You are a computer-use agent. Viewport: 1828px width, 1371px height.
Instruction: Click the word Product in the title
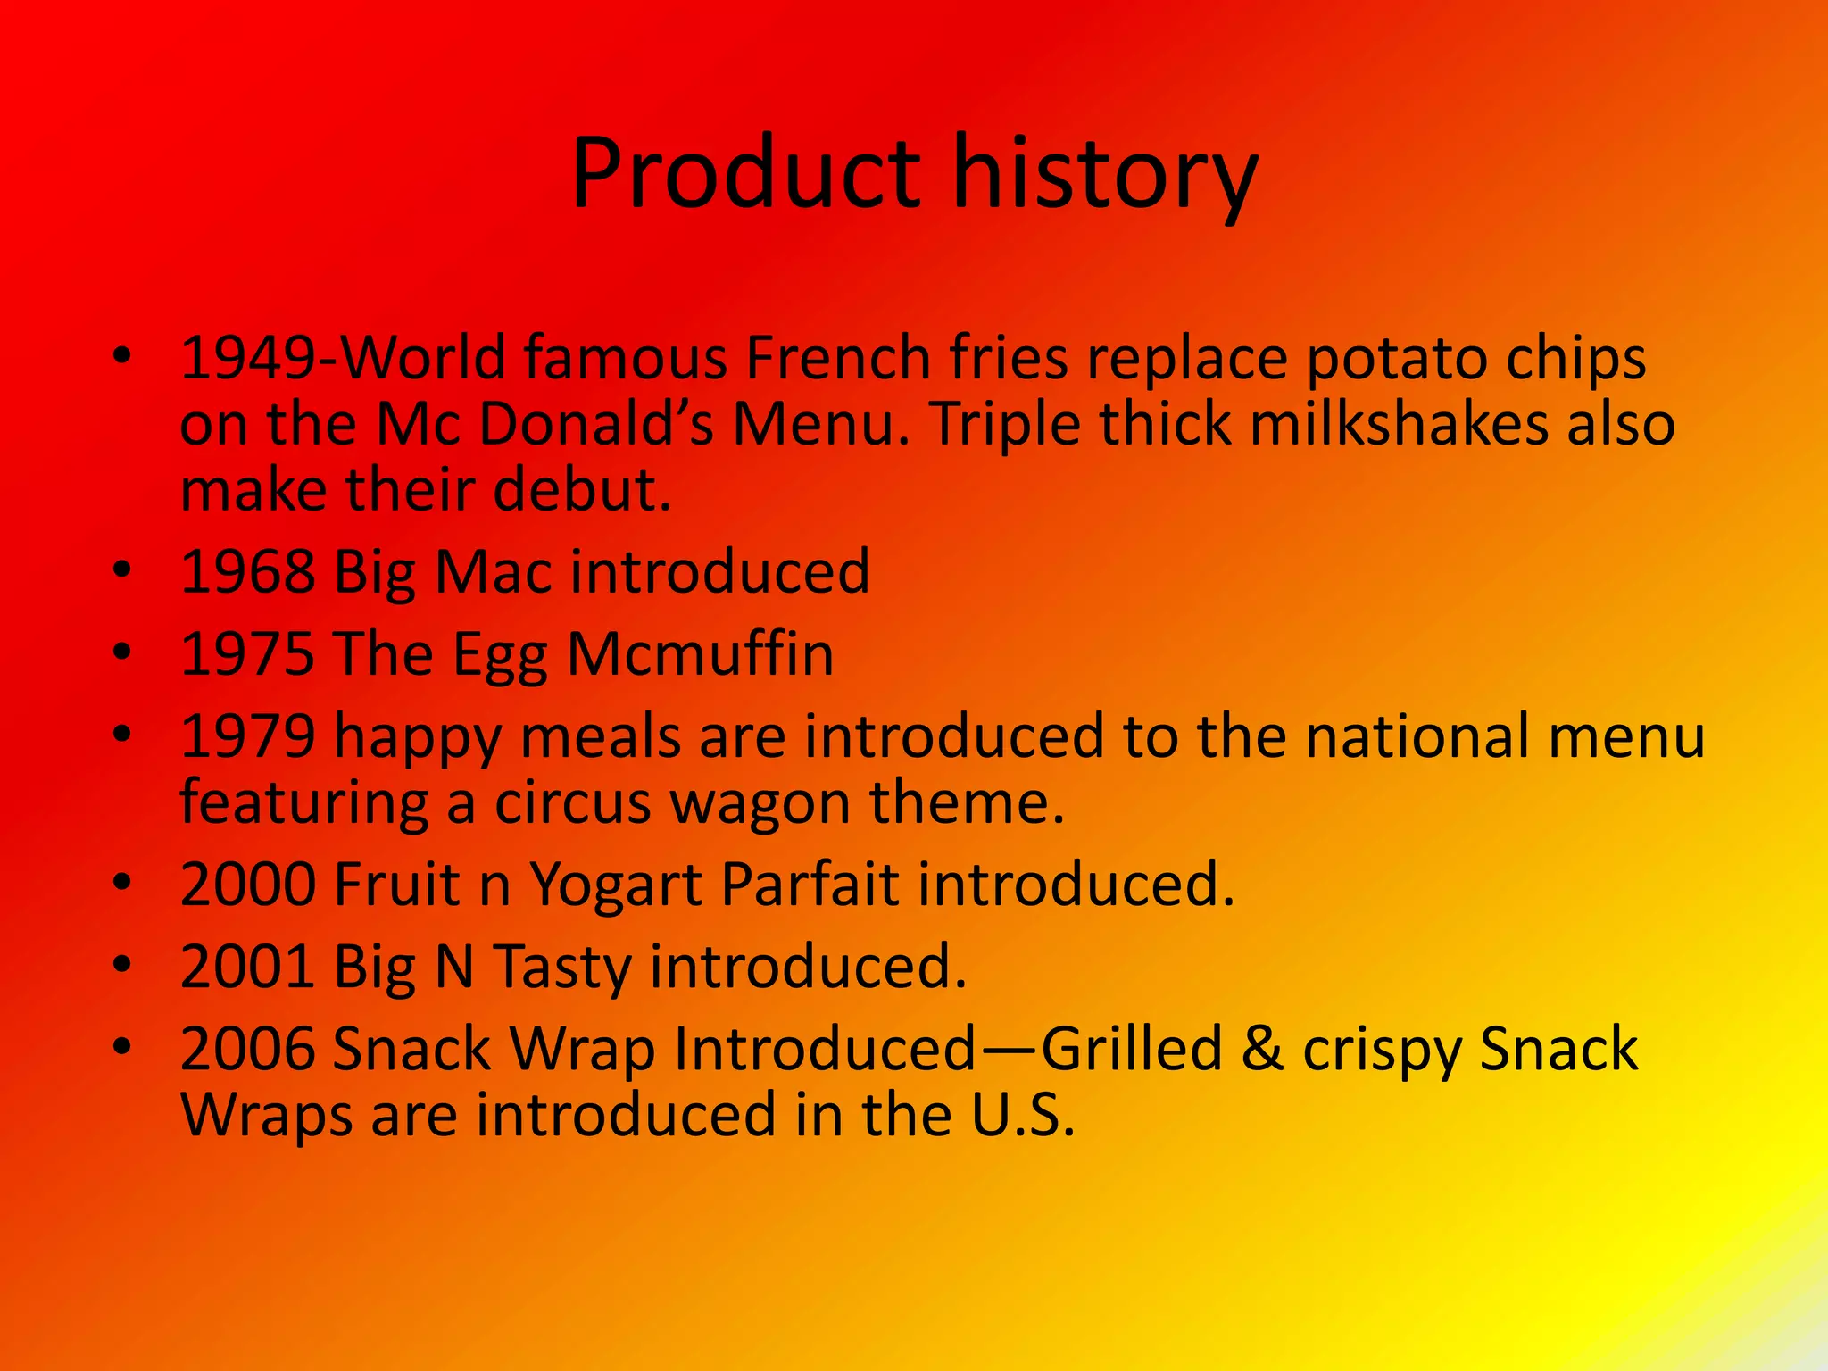(745, 174)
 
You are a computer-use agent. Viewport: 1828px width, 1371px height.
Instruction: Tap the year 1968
(247, 572)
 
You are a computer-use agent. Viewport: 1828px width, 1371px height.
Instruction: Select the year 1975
(247, 654)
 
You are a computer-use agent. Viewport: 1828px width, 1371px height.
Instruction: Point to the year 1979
(247, 737)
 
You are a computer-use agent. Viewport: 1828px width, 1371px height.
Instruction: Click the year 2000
(247, 885)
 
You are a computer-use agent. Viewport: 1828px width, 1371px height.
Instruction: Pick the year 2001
(247, 968)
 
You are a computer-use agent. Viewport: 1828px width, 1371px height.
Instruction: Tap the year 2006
(247, 1050)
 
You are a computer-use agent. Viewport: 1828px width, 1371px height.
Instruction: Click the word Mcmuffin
(700, 654)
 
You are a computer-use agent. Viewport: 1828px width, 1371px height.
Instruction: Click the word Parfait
(810, 885)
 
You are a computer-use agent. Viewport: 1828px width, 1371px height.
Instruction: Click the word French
(838, 358)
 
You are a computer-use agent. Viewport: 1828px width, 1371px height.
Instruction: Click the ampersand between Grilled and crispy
(1261, 1050)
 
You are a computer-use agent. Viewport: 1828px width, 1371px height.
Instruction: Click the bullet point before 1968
(123, 569)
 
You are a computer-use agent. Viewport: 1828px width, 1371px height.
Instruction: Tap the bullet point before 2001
(123, 965)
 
